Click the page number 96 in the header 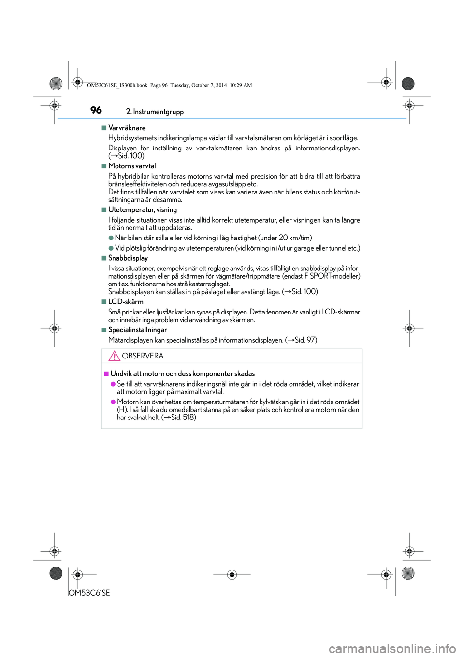pos(96,110)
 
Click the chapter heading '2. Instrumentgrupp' pos(155,112)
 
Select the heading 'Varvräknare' pos(127,128)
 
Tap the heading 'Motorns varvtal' pos(132,166)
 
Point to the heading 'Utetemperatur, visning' pos(143,209)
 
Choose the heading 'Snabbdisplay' pos(128,258)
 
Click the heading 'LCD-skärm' pos(126,302)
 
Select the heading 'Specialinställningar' pos(138,330)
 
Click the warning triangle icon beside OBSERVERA pos(114,357)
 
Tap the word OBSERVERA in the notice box pos(143,356)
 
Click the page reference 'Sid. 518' pos(182,418)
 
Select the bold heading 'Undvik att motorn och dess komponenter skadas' pos(183,373)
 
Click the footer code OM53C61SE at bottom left pos(89,593)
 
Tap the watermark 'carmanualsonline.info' pos(392,648)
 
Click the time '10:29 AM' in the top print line pos(241,85)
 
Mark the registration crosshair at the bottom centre pos(232,575)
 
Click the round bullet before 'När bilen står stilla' pos(111,238)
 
